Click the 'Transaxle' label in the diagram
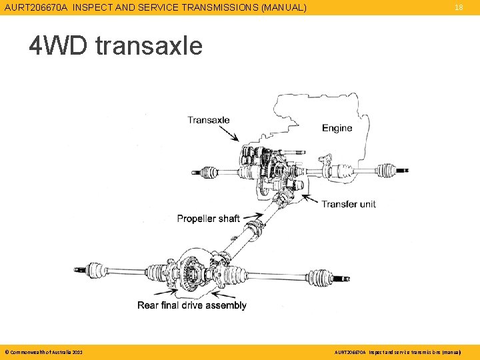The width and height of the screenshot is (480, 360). click(x=208, y=120)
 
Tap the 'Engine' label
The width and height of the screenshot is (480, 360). click(x=337, y=127)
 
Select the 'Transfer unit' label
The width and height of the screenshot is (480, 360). click(x=349, y=203)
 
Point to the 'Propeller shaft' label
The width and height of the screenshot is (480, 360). click(x=208, y=218)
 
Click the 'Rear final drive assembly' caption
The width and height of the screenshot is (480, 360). click(x=192, y=305)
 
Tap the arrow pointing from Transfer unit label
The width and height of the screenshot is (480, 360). click(x=311, y=199)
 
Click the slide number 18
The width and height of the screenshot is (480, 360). click(x=458, y=7)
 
